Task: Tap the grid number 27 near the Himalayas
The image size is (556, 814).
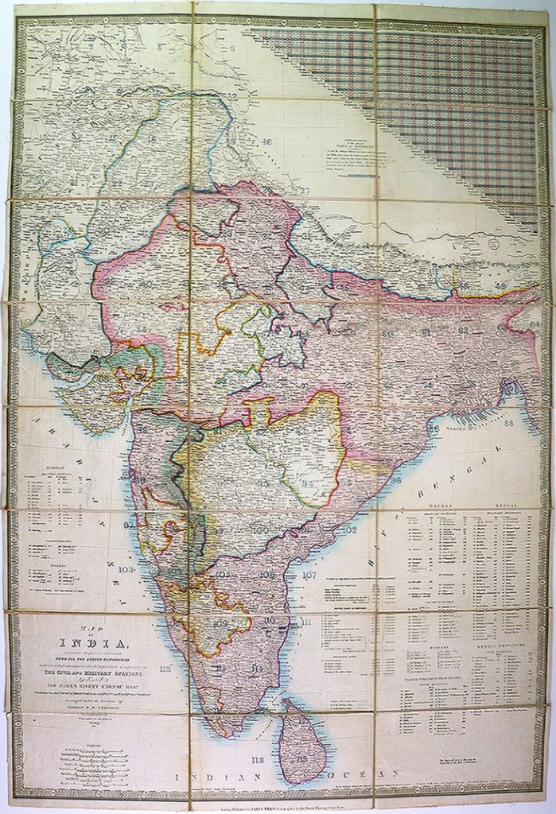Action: (304, 190)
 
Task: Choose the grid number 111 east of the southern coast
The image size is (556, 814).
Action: (307, 622)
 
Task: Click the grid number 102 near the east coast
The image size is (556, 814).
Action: (347, 529)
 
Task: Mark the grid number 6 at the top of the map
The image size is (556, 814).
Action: (233, 48)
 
